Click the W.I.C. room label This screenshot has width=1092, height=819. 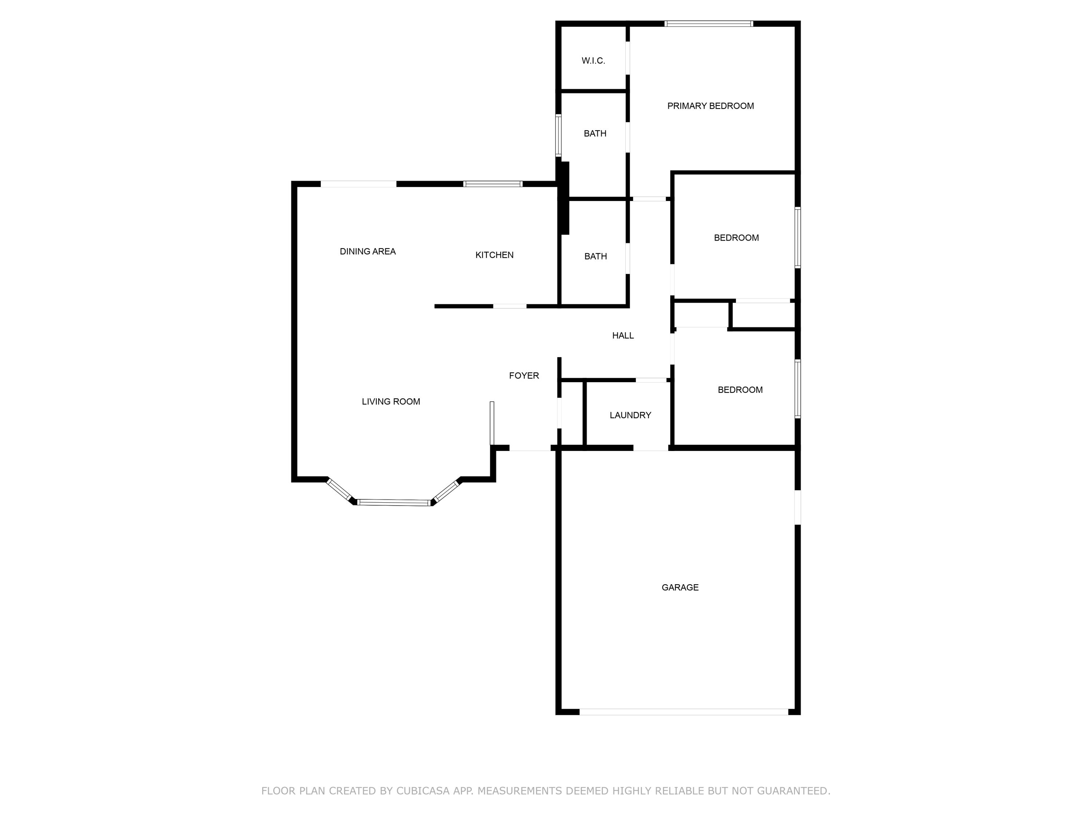[x=593, y=61]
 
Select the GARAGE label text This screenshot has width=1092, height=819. [x=680, y=587]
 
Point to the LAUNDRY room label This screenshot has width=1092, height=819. [x=630, y=415]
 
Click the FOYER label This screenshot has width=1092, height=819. [x=524, y=376]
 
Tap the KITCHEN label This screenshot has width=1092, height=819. [x=494, y=255]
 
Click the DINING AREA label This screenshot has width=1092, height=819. [x=367, y=251]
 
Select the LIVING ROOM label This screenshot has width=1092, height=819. [x=391, y=401]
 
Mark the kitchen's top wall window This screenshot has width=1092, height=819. [x=493, y=184]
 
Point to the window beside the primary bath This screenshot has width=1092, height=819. [x=558, y=135]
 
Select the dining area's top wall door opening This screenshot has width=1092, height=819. [x=359, y=184]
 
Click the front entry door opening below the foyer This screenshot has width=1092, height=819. [x=530, y=448]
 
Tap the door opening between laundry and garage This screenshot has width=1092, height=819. [x=651, y=448]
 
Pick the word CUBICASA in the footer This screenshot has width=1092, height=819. [x=423, y=791]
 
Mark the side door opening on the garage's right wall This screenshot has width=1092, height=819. [x=797, y=507]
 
